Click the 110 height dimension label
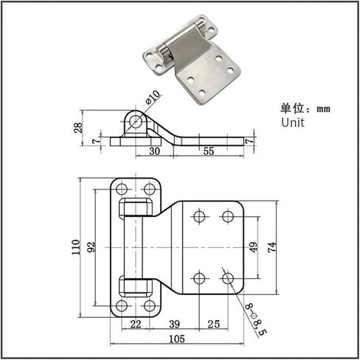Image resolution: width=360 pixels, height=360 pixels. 76,247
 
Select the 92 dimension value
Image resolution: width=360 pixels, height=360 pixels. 91,247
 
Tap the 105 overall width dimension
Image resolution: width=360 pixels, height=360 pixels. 177,339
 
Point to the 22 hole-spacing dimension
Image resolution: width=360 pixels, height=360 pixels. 136,324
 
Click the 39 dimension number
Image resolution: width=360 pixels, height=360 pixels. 174,324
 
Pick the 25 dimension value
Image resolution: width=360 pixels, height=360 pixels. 213,324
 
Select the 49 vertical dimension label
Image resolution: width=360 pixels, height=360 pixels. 254,247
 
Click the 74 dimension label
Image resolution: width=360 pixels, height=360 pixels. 272,247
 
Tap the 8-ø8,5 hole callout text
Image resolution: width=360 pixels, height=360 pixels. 256,319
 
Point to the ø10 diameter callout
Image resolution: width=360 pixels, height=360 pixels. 153,97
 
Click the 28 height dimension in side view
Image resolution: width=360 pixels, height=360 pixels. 78,128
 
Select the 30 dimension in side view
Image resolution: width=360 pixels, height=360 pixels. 154,151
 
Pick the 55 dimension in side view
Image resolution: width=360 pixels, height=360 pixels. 209,151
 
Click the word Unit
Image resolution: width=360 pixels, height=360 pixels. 293,122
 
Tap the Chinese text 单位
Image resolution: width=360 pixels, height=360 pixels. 292,108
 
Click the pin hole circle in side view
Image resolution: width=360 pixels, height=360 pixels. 136,120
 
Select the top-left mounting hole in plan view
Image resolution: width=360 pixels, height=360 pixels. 122,189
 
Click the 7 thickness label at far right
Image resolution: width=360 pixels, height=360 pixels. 249,141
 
